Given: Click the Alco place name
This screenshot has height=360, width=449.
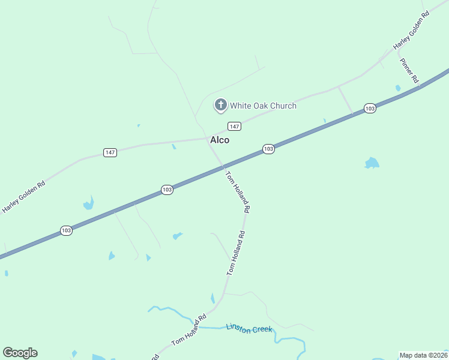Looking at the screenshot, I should [219, 140].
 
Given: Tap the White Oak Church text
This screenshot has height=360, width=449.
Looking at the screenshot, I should [264, 106].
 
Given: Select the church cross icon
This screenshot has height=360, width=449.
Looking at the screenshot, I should [220, 106].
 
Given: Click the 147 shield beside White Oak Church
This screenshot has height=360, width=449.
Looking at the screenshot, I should [234, 126].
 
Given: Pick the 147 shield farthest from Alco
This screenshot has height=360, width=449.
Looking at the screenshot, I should [109, 152].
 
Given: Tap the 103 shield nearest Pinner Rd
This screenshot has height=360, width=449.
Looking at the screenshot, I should [370, 109].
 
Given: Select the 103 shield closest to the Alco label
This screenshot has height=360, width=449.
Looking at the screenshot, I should [268, 148].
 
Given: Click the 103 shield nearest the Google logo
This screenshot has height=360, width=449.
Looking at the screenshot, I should [66, 230].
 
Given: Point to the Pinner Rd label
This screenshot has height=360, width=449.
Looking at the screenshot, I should [409, 71].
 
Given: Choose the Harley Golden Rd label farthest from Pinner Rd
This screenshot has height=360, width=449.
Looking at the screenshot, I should [24, 197].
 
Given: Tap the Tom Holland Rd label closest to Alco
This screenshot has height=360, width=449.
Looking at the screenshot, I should [237, 192].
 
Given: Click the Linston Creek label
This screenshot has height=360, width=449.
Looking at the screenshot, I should [249, 328].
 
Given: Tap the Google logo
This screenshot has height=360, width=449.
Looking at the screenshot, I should [20, 353].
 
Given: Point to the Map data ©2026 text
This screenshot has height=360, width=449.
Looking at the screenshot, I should [424, 355].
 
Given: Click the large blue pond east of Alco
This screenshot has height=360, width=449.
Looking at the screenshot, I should [372, 163].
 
